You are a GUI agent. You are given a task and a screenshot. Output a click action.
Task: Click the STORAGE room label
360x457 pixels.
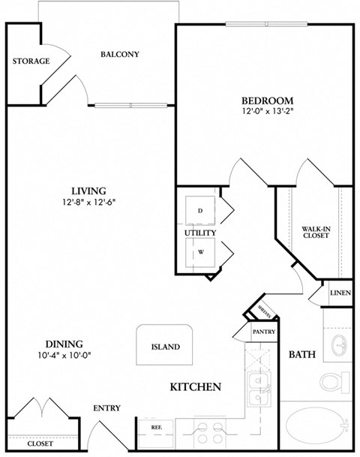click(31, 61)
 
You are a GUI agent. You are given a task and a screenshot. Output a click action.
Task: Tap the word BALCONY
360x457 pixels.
click(120, 54)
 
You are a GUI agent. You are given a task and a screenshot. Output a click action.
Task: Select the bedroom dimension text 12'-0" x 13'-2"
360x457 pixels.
click(266, 113)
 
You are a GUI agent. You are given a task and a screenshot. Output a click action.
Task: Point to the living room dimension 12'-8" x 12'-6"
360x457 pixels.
click(88, 202)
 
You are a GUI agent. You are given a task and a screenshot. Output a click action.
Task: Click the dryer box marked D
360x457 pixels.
click(200, 211)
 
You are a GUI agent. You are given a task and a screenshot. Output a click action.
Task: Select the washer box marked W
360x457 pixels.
click(200, 252)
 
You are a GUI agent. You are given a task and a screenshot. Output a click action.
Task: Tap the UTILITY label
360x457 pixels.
click(200, 233)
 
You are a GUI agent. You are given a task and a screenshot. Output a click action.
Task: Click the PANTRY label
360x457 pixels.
click(264, 331)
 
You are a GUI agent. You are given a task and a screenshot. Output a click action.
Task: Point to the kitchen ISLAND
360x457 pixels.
click(165, 347)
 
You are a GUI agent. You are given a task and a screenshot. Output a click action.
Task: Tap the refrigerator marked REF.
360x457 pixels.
click(157, 427)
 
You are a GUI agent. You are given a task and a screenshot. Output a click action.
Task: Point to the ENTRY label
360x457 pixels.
click(106, 408)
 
